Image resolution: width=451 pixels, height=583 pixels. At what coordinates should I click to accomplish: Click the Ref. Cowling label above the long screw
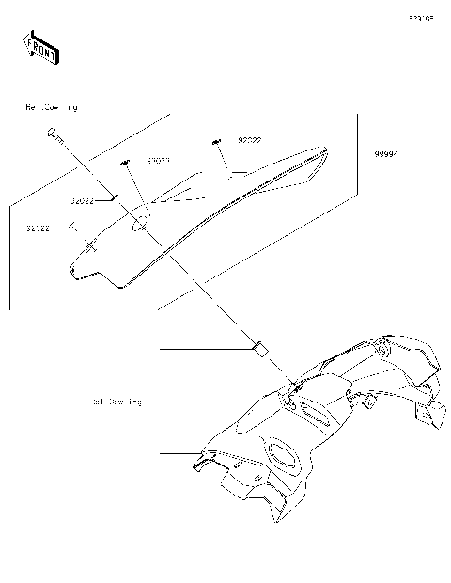click(x=52, y=107)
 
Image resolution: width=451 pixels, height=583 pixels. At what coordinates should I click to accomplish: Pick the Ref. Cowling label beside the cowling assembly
click(x=117, y=402)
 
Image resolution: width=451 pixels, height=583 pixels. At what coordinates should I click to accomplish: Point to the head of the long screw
click(x=54, y=134)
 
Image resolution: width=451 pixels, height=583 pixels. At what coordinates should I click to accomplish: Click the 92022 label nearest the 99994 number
click(x=249, y=140)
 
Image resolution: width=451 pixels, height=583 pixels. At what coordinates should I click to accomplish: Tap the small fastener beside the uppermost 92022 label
click(x=217, y=141)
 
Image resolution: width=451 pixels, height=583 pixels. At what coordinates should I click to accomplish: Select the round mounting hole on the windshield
click(x=137, y=223)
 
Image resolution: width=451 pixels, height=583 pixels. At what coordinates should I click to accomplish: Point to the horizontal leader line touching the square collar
click(x=207, y=349)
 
